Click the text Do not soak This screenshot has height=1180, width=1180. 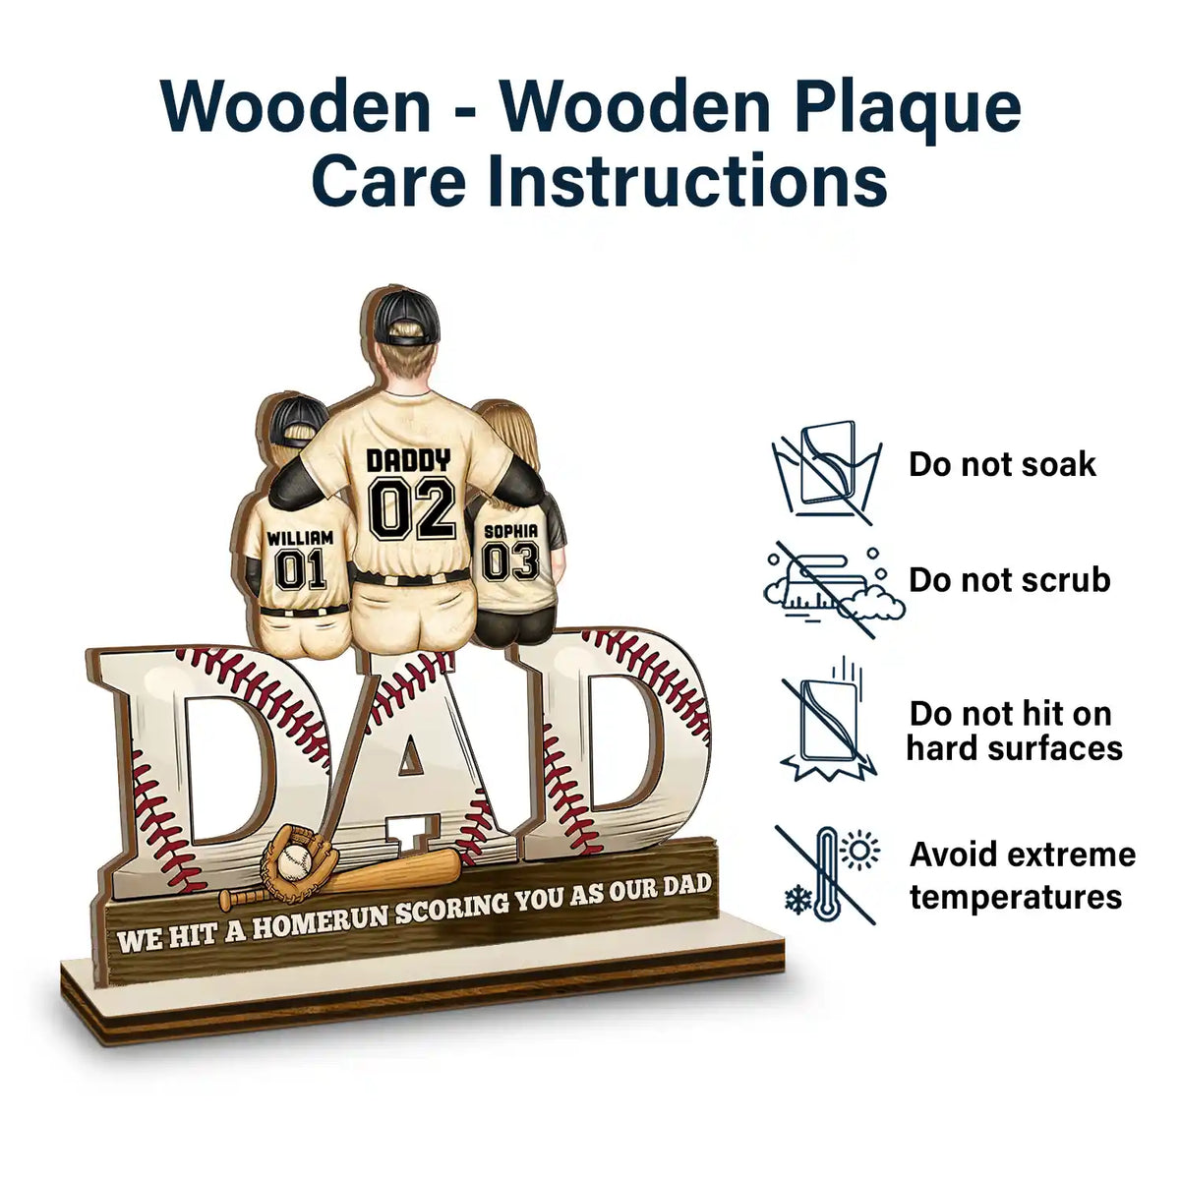click(x=1001, y=464)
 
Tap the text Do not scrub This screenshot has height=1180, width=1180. click(x=1009, y=580)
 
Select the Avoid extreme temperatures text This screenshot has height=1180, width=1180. click(x=1021, y=875)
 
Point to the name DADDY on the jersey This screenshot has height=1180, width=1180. click(x=408, y=459)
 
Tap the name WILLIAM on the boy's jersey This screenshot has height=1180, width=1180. click(x=300, y=538)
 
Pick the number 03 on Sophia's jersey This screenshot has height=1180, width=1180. click(x=510, y=561)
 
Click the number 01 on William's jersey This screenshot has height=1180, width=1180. click(x=300, y=569)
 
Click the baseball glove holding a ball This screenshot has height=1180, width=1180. click(x=290, y=859)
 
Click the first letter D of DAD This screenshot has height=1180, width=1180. click(x=211, y=767)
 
